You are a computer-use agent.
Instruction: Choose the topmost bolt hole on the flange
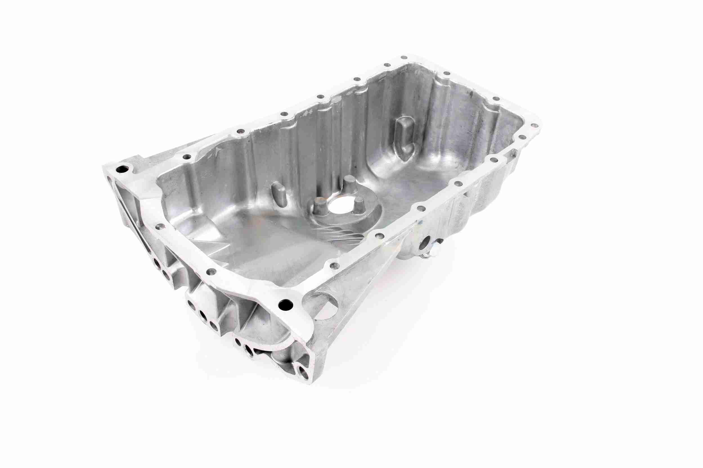click(404, 58)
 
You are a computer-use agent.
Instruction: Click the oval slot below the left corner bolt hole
click(111, 180)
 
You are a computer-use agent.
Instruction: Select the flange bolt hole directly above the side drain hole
click(420, 208)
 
